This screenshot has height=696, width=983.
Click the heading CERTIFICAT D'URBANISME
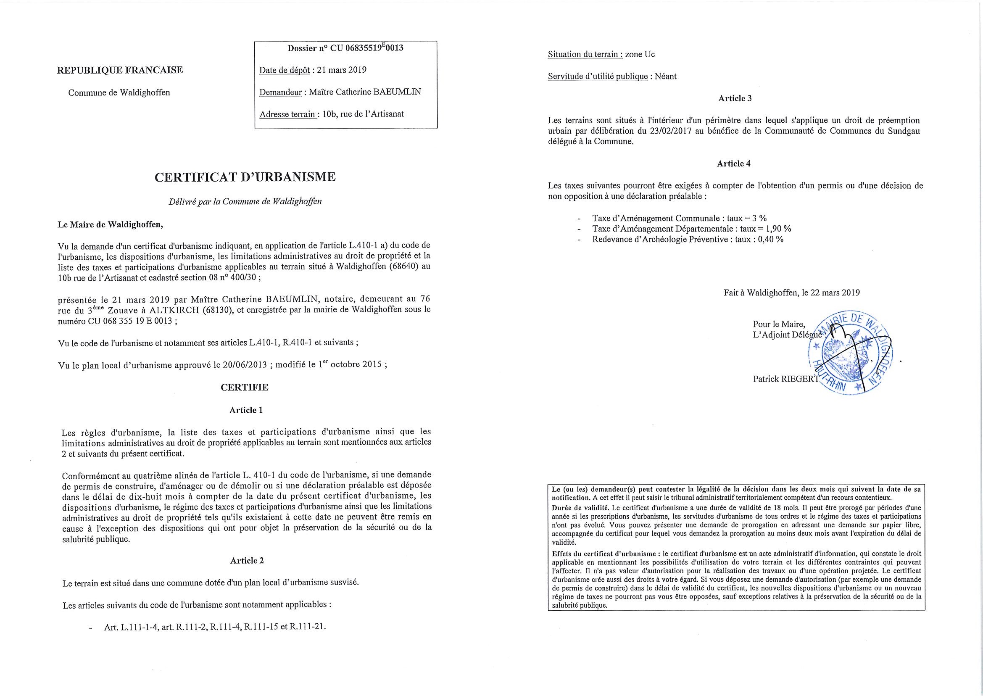pos(245,177)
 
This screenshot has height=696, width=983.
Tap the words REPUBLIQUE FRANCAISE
pos(120,70)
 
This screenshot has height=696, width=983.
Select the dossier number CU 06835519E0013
pos(366,48)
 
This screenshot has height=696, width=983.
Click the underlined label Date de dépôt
pos(284,70)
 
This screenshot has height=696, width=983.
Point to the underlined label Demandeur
pos(280,92)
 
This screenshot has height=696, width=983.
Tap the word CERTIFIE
pos(244,388)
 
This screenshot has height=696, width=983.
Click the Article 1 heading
pos(246,410)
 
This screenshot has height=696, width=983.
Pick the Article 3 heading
pos(735,99)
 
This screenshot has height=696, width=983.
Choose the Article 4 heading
pos(734,164)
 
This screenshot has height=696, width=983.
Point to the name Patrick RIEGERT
pos(785,379)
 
